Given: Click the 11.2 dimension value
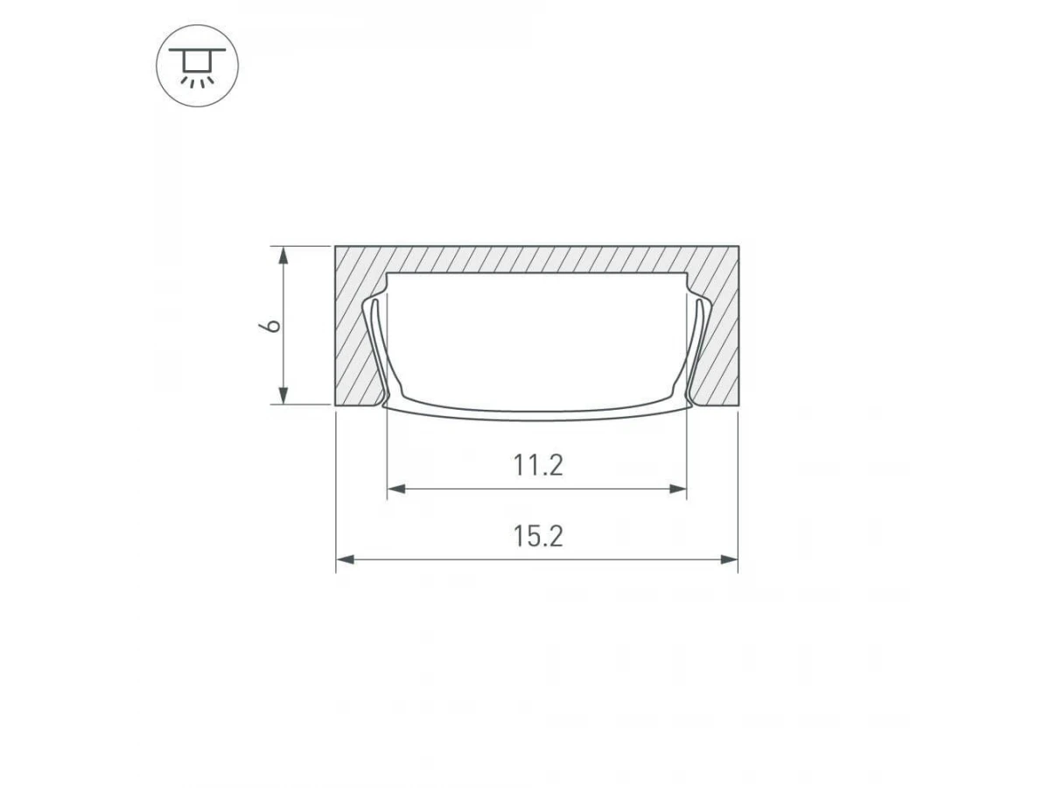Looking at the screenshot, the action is [537, 466].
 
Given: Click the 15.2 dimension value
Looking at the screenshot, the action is [537, 537].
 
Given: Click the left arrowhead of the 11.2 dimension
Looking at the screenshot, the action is [396, 489].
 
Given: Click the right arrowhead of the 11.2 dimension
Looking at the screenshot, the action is [677, 489].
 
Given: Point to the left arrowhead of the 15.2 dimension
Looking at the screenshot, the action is [345, 559].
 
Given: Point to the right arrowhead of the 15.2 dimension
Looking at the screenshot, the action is [729, 559].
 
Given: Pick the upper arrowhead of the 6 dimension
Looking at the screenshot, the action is [283, 256].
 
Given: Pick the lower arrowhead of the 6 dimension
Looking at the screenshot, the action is [283, 395].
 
